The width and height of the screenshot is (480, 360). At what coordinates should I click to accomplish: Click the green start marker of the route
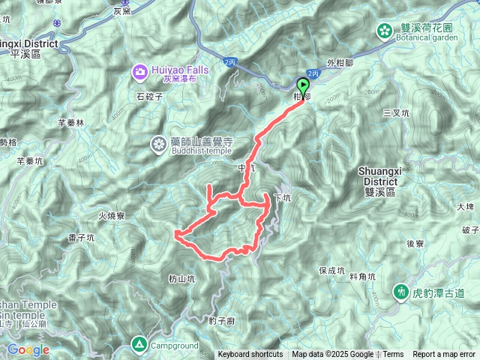tap(303, 85)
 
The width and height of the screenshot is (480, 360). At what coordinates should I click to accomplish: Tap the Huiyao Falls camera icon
tap(140, 72)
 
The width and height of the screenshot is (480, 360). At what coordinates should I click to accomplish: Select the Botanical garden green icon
tap(385, 31)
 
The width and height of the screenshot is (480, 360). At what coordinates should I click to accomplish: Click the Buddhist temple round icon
tap(160, 142)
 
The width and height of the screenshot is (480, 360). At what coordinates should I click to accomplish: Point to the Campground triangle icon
tap(139, 346)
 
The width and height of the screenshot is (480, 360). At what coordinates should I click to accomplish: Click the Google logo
tap(28, 349)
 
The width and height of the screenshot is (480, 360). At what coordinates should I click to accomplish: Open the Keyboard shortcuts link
tap(250, 355)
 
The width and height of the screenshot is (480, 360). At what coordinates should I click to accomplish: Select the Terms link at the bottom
tap(393, 355)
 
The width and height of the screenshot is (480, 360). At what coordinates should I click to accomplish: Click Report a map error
tap(444, 355)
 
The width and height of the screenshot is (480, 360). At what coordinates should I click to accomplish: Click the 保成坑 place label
tap(331, 270)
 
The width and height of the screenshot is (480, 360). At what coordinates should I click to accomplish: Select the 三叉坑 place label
tap(395, 113)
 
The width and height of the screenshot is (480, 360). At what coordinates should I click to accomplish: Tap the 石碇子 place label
tap(150, 97)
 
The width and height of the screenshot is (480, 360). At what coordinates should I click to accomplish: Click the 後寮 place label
tap(415, 244)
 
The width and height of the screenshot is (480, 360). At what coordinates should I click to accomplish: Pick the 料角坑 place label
tap(362, 277)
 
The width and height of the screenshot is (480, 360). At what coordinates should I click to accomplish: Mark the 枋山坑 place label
tap(181, 278)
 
